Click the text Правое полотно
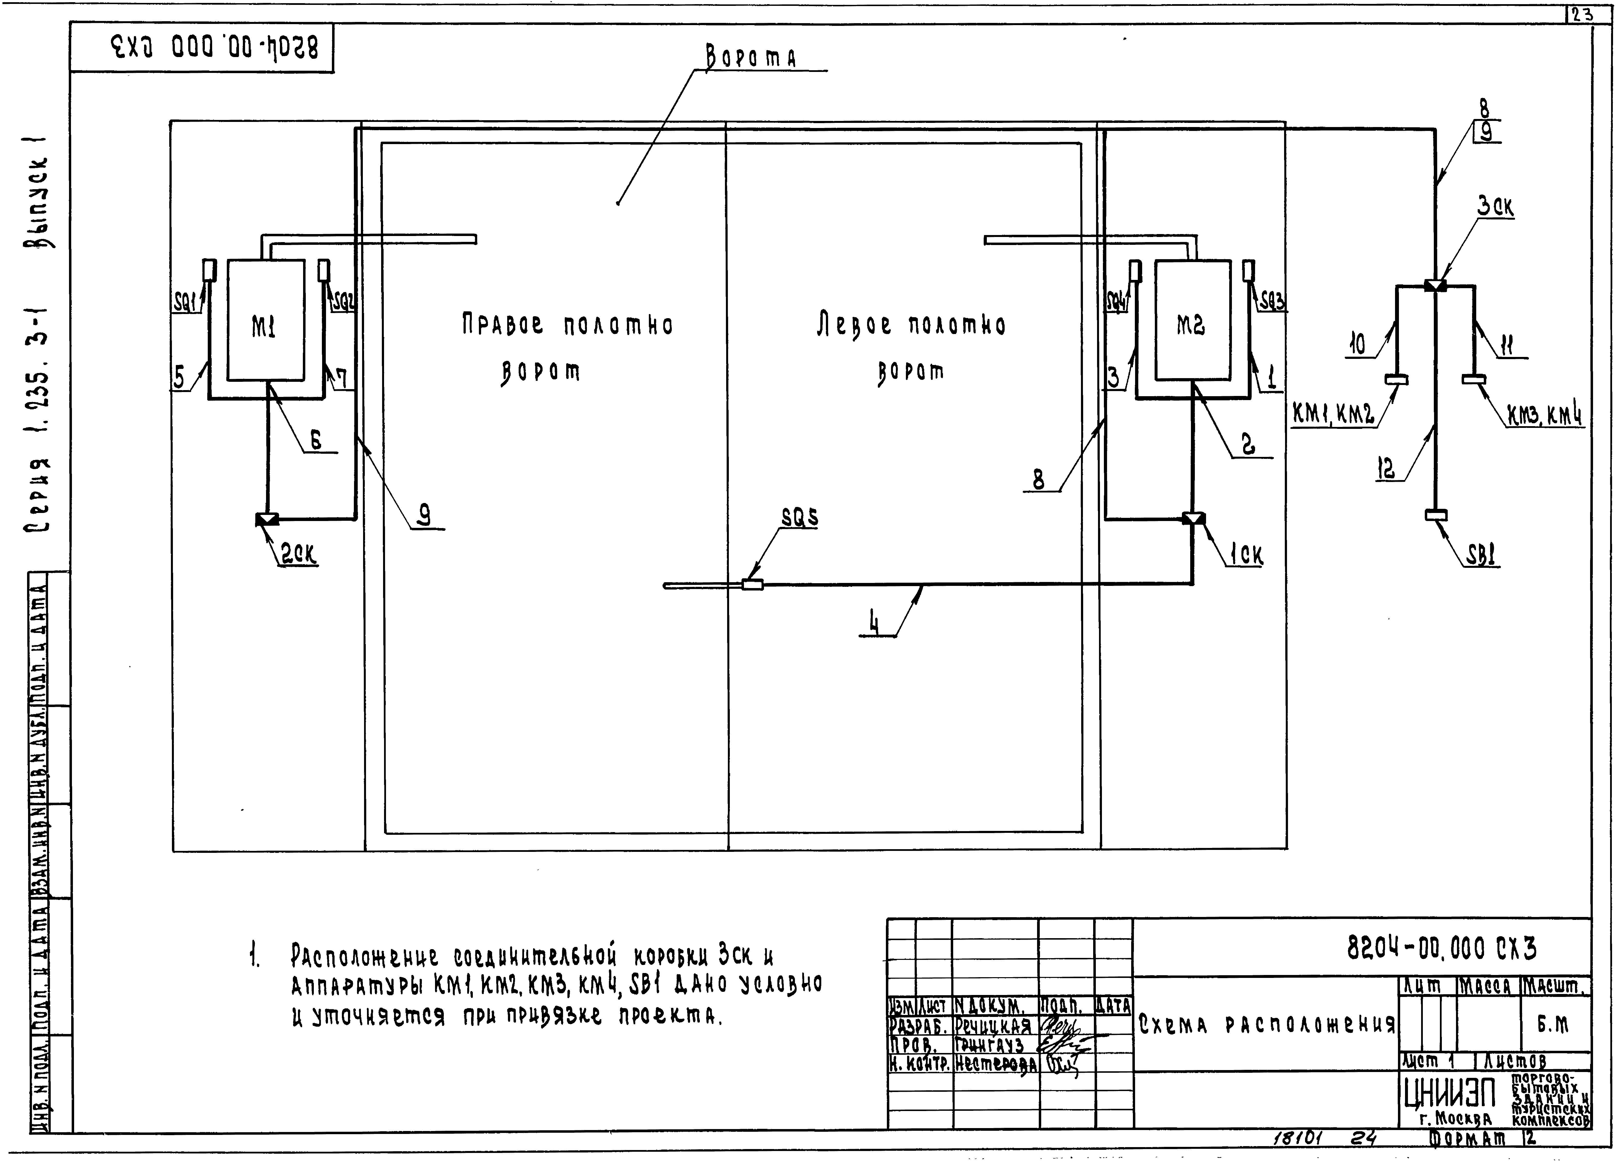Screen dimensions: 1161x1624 [566, 325]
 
